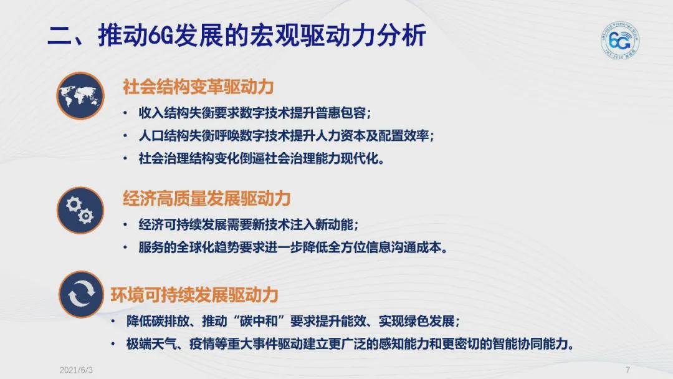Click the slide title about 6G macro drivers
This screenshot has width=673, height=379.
tap(237, 35)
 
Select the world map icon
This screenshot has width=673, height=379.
tap(80, 96)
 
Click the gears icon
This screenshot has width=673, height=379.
tap(80, 210)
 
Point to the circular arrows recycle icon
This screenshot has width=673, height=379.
tap(81, 294)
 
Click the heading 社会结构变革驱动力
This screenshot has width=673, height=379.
tap(198, 87)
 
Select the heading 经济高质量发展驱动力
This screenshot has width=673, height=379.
tap(207, 198)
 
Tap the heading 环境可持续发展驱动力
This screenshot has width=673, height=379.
tap(194, 294)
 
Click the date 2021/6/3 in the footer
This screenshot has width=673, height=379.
tap(77, 370)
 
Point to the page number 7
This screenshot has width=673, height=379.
tap(628, 370)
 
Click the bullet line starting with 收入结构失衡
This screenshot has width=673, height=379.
tap(254, 113)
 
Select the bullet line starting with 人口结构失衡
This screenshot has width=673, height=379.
tap(286, 136)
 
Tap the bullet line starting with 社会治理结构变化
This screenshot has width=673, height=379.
tap(261, 158)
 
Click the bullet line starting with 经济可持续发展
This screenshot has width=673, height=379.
tap(248, 224)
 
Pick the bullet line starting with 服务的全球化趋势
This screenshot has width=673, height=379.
tap(293, 247)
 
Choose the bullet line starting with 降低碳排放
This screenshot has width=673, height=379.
tap(293, 321)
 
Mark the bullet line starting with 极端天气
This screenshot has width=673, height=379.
tap(350, 344)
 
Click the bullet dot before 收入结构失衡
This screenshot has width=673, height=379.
tap(125, 113)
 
